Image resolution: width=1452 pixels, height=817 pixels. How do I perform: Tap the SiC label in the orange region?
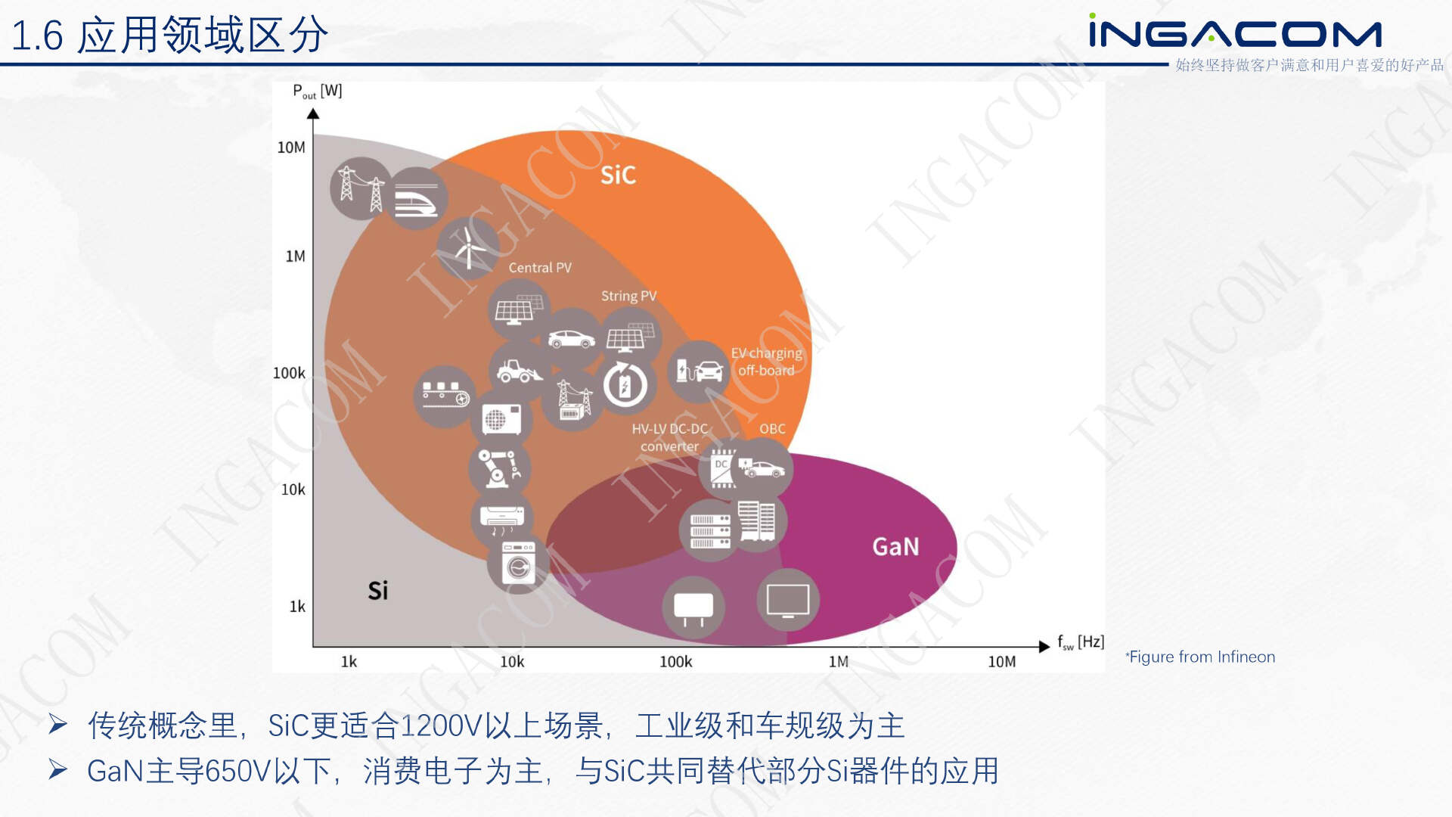tap(618, 175)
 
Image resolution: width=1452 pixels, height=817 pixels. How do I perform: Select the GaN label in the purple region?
tap(895, 546)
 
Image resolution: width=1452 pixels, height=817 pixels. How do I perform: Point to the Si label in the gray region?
tap(378, 590)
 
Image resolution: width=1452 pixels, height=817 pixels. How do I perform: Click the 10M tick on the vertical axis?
tap(291, 147)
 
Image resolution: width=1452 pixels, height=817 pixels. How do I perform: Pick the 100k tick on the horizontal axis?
tap(675, 662)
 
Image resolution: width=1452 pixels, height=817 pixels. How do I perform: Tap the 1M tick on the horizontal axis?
tap(839, 662)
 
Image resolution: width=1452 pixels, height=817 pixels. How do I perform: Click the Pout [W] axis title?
tap(318, 92)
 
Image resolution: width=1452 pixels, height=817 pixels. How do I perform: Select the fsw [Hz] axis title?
tap(1081, 642)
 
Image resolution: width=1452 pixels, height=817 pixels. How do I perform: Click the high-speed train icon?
tap(417, 198)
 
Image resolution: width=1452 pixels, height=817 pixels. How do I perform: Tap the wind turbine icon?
tap(468, 248)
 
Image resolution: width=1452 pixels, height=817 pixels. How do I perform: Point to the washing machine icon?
tap(519, 564)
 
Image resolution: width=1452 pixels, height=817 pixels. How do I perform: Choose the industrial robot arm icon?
tap(499, 468)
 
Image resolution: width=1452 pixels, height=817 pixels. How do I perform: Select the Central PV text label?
tap(540, 268)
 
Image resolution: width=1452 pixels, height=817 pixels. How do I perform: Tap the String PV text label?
tap(629, 296)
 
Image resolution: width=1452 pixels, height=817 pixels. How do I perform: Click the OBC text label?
tap(772, 429)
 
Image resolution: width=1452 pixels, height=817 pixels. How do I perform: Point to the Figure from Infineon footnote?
tap(1200, 657)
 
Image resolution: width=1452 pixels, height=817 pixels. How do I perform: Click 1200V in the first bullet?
tap(441, 726)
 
